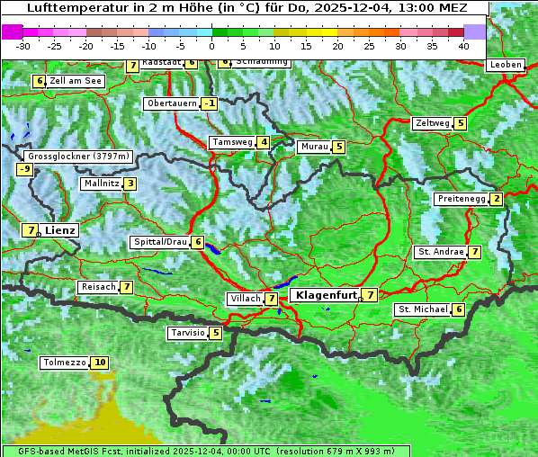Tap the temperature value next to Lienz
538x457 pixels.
pos(31,230)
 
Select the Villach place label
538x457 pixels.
pos(246,298)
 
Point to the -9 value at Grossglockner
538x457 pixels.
pos(25,169)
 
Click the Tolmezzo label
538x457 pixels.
pos(64,363)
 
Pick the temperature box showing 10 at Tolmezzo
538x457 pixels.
pos(99,363)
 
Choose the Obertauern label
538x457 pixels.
pos(171,103)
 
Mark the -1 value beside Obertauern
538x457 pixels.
pos(209,103)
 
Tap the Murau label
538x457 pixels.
pos(314,147)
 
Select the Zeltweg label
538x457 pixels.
pos(431,123)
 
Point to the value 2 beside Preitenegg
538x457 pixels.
pos(496,199)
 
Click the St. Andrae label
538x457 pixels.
pos(440,252)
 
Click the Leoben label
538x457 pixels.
pos(505,65)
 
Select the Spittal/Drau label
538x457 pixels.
pos(160,242)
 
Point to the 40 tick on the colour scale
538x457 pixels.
pos(463,45)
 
